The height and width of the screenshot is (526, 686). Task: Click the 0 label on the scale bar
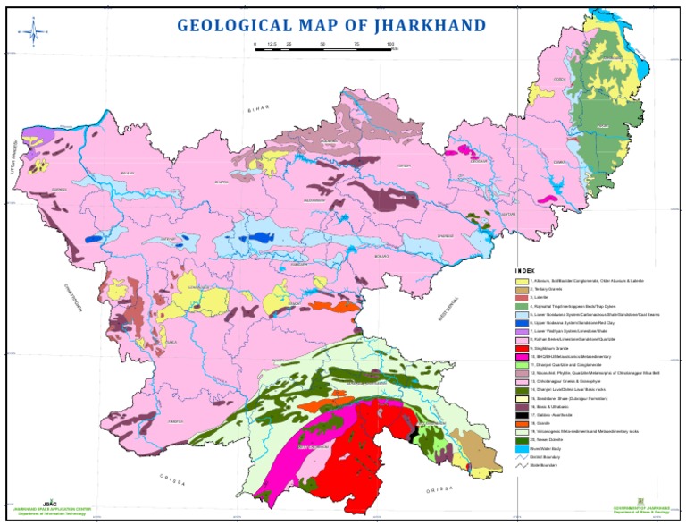[255, 43]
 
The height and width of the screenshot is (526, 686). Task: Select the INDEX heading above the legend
[527, 271]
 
